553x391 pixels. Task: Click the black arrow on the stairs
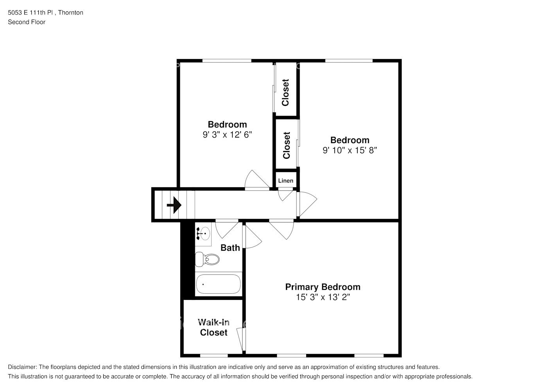pyautogui.click(x=174, y=205)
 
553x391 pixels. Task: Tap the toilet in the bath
pyautogui.click(x=207, y=259)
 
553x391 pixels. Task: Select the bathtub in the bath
pyautogui.click(x=218, y=284)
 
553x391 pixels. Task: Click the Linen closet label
pyautogui.click(x=285, y=181)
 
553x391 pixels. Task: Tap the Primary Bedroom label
pyautogui.click(x=323, y=287)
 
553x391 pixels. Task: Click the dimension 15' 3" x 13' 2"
pyautogui.click(x=323, y=297)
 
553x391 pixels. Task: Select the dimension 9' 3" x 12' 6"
pyautogui.click(x=227, y=135)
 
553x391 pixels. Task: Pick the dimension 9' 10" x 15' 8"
pyautogui.click(x=350, y=150)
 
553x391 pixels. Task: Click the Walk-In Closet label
pyautogui.click(x=214, y=327)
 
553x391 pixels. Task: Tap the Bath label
pyautogui.click(x=230, y=248)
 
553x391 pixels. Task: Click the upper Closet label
pyautogui.click(x=285, y=93)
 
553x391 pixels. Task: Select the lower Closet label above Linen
pyautogui.click(x=286, y=145)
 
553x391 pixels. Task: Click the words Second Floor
pyautogui.click(x=27, y=22)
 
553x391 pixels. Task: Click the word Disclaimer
pyautogui.click(x=22, y=367)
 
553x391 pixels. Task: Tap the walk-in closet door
pyautogui.click(x=240, y=339)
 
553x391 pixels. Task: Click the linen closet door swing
pyautogui.click(x=285, y=194)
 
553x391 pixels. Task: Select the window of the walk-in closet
pyautogui.click(x=214, y=355)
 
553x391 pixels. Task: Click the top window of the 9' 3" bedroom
pyautogui.click(x=227, y=61)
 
